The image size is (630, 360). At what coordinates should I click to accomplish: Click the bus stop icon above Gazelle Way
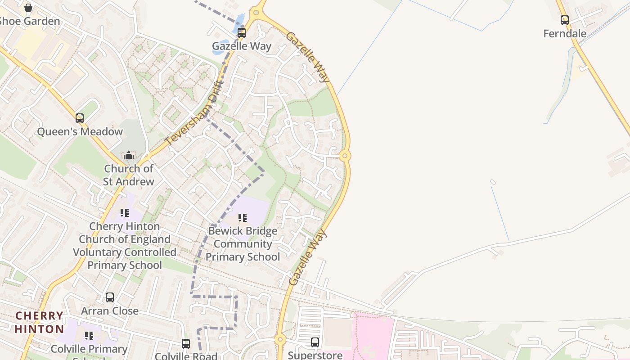click(242, 32)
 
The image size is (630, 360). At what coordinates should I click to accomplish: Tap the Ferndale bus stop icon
click(564, 20)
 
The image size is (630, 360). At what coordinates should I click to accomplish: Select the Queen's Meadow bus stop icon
click(80, 118)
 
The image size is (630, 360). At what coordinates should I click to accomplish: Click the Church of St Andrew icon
click(129, 156)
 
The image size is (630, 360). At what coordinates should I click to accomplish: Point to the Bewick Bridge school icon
click(243, 218)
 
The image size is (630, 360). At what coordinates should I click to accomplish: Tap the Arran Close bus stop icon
click(110, 297)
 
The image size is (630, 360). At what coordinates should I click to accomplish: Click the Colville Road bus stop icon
click(186, 344)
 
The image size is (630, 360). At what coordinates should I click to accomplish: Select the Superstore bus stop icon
click(315, 342)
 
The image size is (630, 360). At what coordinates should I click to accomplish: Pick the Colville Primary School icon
click(89, 336)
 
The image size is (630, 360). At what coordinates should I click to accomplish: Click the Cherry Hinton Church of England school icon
click(125, 213)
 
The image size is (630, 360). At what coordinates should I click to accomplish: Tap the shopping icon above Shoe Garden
click(28, 8)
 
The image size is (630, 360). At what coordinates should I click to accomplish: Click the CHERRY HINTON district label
click(39, 322)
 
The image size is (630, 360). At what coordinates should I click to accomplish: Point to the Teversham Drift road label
click(194, 113)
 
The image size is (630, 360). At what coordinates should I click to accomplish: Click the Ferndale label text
click(565, 34)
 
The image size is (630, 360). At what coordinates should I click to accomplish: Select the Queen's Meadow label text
click(80, 132)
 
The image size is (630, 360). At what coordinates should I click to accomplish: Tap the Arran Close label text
click(110, 311)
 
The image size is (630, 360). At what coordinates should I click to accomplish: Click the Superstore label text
click(315, 355)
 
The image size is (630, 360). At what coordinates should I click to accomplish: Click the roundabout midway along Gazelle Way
click(345, 156)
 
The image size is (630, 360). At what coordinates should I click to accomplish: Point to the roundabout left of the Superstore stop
click(280, 339)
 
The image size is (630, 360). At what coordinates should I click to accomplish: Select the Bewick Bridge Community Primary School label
click(243, 244)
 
